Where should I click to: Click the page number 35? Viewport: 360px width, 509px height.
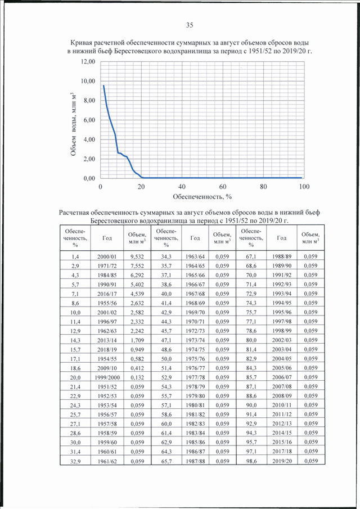click(190, 25)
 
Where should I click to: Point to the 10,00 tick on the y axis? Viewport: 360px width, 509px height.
click(88, 81)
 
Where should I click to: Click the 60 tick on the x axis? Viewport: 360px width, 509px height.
click(223, 187)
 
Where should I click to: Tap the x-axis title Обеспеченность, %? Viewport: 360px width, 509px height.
click(202, 197)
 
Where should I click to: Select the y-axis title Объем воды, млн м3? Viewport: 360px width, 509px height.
click(74, 124)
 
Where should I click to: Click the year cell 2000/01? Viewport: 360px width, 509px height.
click(107, 256)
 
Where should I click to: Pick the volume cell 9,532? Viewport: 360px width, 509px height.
click(137, 256)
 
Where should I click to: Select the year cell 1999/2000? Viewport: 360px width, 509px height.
click(107, 377)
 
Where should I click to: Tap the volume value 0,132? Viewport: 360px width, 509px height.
click(137, 377)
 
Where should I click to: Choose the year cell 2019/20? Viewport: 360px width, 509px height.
click(282, 461)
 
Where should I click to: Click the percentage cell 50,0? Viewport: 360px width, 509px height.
click(166, 359)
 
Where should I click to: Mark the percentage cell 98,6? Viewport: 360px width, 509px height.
click(251, 461)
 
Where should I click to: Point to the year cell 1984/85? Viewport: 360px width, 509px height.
click(107, 275)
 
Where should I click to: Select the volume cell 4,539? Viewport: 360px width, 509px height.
click(137, 294)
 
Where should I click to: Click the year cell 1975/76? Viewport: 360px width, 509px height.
click(195, 359)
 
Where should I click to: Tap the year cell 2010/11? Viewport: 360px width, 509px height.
click(282, 405)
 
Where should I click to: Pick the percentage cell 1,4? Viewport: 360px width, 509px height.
click(75, 256)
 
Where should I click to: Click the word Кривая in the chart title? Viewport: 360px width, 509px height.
click(80, 43)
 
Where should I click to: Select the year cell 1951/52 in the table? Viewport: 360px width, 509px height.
click(107, 386)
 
